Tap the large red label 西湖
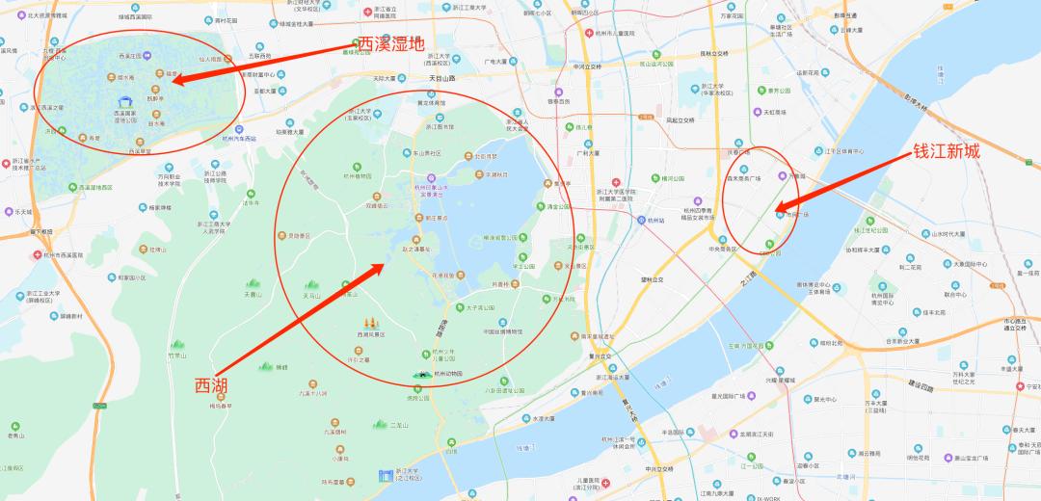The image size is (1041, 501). click(213, 385)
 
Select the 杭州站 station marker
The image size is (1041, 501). click(641, 220)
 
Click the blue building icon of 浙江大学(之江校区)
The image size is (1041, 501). click(386, 474)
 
